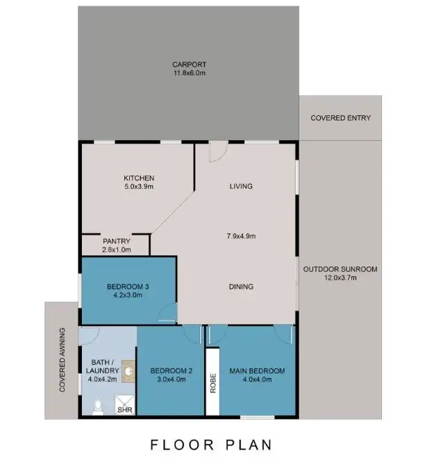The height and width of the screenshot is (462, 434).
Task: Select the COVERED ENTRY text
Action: tap(340, 118)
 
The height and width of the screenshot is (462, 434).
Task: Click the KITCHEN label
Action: tap(139, 178)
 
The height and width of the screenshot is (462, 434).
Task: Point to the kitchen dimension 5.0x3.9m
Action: tap(139, 187)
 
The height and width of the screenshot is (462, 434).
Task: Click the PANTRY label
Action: tap(116, 241)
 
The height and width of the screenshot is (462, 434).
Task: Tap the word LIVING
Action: tap(241, 186)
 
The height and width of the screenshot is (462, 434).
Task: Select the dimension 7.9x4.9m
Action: tap(241, 237)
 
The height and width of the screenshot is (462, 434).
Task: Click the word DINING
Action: tap(241, 286)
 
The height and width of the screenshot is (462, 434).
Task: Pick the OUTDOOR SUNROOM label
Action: tap(340, 269)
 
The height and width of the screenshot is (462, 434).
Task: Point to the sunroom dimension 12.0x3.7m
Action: tap(340, 277)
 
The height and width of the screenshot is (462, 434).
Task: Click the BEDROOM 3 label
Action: tap(128, 286)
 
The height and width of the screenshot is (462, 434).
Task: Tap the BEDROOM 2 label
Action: tap(170, 371)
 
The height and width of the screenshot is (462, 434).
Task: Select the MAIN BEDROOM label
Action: tap(257, 371)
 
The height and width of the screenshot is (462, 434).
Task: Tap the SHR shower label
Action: tap(124, 410)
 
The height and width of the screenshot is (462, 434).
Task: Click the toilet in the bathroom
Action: tap(98, 405)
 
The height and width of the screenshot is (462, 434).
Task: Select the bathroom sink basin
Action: tap(129, 371)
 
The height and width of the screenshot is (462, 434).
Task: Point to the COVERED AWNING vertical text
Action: tap(62, 361)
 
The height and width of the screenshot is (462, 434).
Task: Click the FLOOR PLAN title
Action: tap(212, 444)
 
